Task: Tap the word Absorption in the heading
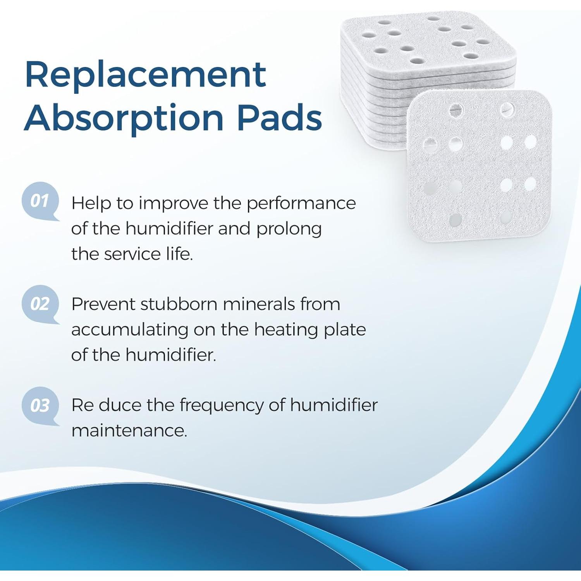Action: [x=124, y=118]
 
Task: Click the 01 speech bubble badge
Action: [x=40, y=201]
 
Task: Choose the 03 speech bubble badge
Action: [x=40, y=406]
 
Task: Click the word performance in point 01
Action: [x=301, y=203]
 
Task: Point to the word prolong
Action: [x=289, y=229]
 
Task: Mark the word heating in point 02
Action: [x=286, y=330]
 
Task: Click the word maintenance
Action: [x=129, y=431]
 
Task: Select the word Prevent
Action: [x=103, y=304]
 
